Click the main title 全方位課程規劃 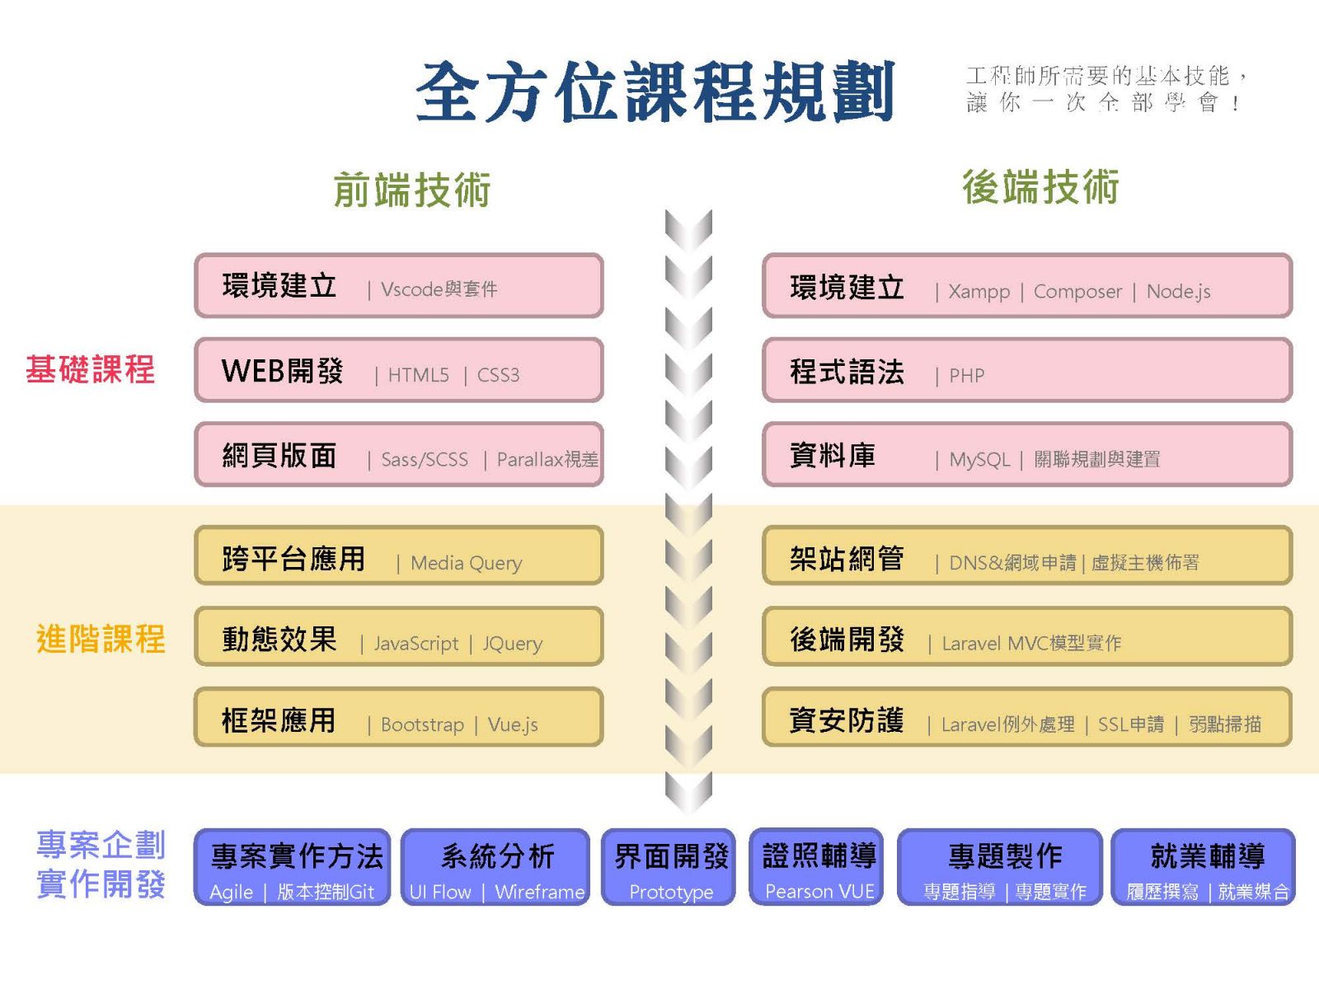click(655, 91)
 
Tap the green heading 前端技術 click(412, 190)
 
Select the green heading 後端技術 click(1040, 187)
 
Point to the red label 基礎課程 click(90, 368)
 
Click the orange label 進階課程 click(101, 638)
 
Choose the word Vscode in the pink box click(412, 289)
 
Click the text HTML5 click(418, 375)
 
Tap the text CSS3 click(498, 375)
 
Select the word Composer click(1077, 293)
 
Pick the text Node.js click(1178, 292)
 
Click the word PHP click(967, 376)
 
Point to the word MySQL click(979, 460)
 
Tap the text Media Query click(467, 563)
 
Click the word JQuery click(513, 644)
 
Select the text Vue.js click(513, 724)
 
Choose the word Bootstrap click(422, 724)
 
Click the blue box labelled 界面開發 click(669, 866)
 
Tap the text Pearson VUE click(819, 891)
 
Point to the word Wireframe click(540, 892)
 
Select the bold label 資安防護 click(847, 720)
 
